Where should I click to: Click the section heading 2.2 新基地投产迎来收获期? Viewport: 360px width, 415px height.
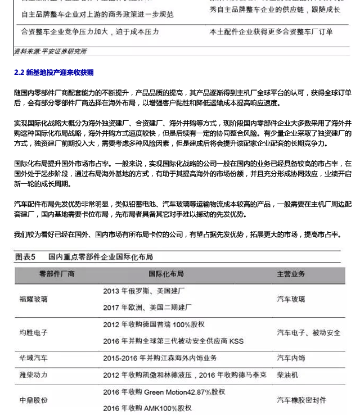(x=54, y=73)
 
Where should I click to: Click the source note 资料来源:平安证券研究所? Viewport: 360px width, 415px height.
(x=50, y=52)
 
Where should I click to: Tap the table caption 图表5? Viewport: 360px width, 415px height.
(x=25, y=257)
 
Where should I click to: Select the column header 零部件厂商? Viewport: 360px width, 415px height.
(x=56, y=274)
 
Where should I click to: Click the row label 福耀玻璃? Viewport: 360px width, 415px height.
(x=34, y=299)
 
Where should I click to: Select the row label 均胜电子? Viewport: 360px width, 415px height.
(x=34, y=332)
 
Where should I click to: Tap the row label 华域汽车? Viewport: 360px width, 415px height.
(x=34, y=358)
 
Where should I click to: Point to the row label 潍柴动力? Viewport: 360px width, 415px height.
(x=34, y=375)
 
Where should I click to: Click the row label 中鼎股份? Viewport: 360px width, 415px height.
(x=34, y=400)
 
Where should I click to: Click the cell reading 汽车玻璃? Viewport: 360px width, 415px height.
(x=291, y=299)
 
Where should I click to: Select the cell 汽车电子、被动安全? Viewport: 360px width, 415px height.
(x=308, y=332)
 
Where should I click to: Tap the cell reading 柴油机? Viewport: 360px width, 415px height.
(x=287, y=375)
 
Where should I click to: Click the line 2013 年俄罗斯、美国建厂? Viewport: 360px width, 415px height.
(x=144, y=291)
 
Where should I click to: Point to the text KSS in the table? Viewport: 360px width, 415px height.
(x=236, y=341)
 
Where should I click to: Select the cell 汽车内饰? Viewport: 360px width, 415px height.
(x=291, y=358)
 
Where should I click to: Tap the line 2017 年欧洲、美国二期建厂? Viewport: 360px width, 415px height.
(x=147, y=308)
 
